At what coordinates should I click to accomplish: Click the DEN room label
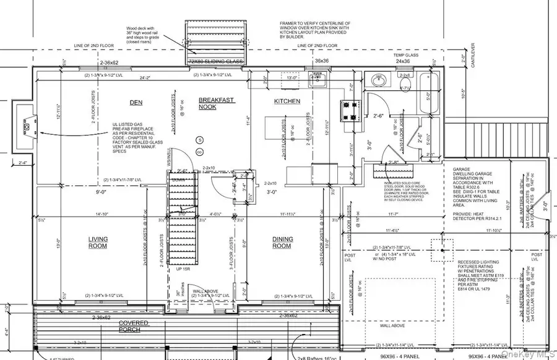(136, 101)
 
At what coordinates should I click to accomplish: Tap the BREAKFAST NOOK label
(217, 103)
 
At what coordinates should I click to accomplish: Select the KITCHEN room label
(287, 101)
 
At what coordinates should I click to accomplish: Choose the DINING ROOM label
(282, 242)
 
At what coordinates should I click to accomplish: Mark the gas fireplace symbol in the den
(27, 128)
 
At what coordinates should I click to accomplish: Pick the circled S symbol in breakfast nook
(200, 139)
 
